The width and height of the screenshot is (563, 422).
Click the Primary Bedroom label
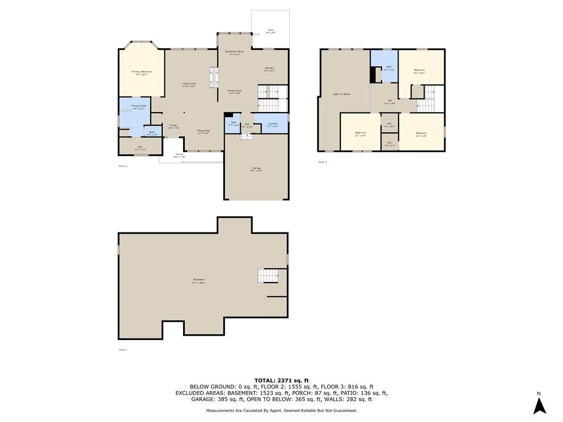pyautogui.click(x=141, y=73)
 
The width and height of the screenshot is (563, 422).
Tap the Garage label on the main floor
pyautogui.click(x=256, y=169)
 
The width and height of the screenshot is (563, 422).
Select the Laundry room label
pyautogui.click(x=272, y=124)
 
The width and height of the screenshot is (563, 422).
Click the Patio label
pyautogui.click(x=271, y=31)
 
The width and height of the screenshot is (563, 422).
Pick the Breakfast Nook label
pyautogui.click(x=234, y=52)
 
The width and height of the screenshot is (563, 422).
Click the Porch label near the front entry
pyautogui.click(x=179, y=156)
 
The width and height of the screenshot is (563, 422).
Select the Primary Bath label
pyautogui.click(x=139, y=107)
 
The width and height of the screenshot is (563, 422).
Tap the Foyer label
pyautogui.click(x=173, y=126)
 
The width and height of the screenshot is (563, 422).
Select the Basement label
pyautogui.click(x=198, y=280)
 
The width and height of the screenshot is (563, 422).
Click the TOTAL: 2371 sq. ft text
pyautogui.click(x=281, y=380)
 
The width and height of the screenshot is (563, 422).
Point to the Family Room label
pyautogui.click(x=235, y=92)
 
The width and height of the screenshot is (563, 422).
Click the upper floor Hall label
pyautogui.click(x=390, y=102)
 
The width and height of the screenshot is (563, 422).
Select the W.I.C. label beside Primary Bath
pyautogui.click(x=140, y=147)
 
